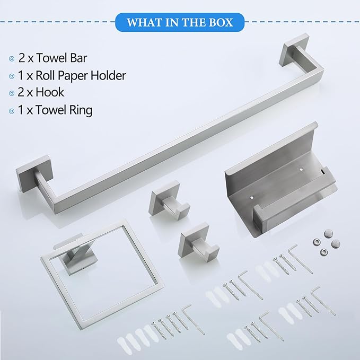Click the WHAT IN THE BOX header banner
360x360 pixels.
(x=180, y=23)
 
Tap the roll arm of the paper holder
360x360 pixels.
(x=276, y=215)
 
